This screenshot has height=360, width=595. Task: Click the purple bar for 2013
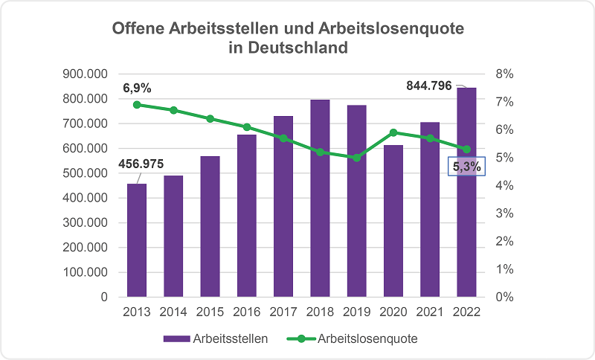(x=137, y=240)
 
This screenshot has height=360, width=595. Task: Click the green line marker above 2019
(x=357, y=158)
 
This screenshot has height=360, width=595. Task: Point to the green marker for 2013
(x=137, y=105)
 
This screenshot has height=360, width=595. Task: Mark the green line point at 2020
(x=393, y=132)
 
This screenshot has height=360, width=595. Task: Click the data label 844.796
(x=429, y=86)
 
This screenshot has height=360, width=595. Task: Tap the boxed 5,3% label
(x=466, y=167)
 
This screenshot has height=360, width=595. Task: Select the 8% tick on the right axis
(x=504, y=74)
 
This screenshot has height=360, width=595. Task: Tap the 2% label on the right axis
(x=504, y=241)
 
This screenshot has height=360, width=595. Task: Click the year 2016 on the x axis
(x=247, y=312)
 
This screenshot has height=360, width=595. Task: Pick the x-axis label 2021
(x=430, y=312)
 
